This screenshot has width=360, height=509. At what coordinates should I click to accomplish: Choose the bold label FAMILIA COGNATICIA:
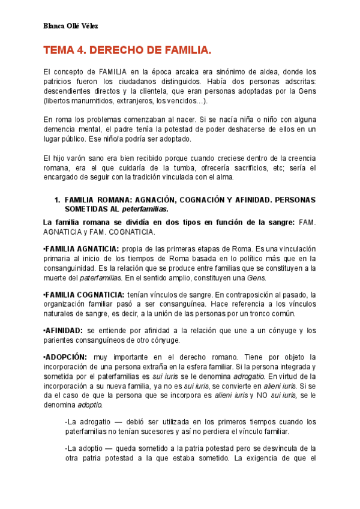[x=85, y=294]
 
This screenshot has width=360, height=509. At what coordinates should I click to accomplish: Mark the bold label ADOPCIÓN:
[x=66, y=357]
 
